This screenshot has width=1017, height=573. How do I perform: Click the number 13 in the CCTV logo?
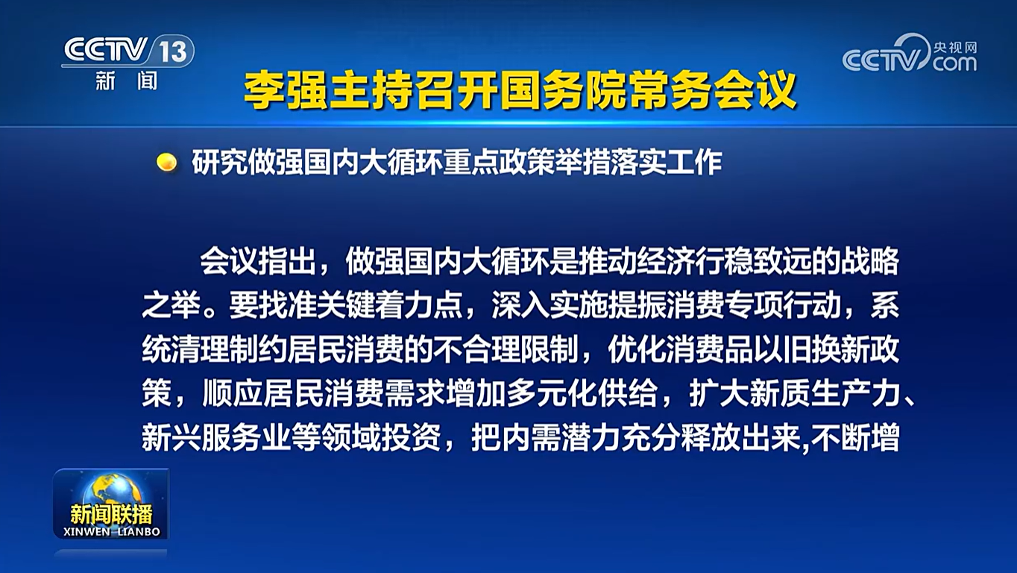pos(173,51)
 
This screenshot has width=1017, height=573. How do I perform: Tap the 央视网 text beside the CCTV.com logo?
pos(955,47)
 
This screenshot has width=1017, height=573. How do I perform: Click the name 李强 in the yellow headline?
pos(285,90)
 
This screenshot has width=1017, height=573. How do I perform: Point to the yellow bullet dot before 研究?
pos(166,162)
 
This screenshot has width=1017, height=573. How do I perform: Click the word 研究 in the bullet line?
pos(219,162)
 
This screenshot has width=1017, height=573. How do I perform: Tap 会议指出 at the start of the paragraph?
pos(257,261)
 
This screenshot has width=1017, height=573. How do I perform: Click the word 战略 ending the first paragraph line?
pos(870,261)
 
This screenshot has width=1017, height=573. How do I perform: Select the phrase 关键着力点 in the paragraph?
pos(389,305)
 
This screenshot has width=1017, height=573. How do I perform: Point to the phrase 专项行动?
pos(782,305)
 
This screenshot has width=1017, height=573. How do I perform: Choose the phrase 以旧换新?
pos(812,349)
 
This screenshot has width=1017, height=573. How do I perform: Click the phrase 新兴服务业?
pos(215,438)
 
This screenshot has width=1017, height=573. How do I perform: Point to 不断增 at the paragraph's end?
pos(855,438)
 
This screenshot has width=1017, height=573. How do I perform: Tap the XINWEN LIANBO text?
pos(112,532)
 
